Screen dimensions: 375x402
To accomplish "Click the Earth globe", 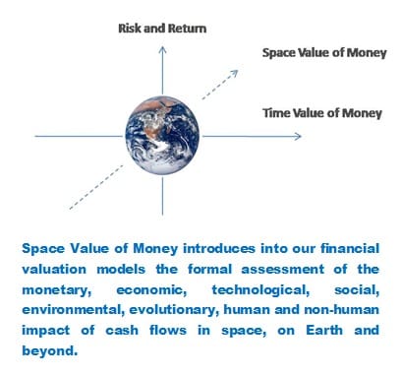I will (x=162, y=133).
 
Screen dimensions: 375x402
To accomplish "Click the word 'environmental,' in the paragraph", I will (x=82, y=308).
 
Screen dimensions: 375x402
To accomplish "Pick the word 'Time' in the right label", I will (x=278, y=114).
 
